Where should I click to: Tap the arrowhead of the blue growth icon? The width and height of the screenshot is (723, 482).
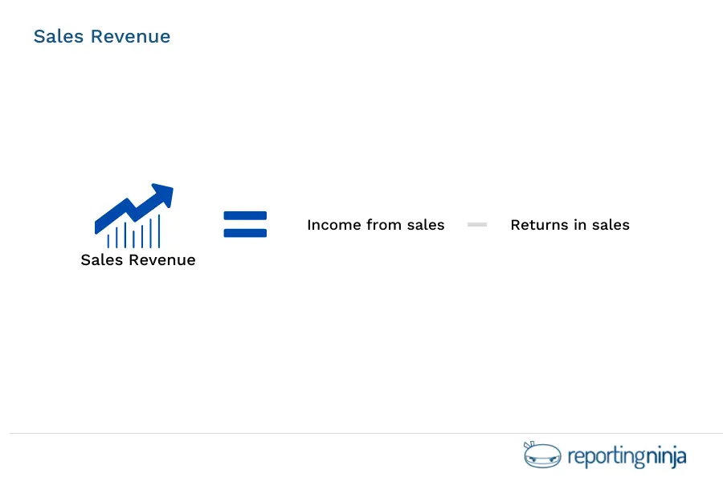click(165, 194)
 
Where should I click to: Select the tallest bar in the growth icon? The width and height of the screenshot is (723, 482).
click(159, 231)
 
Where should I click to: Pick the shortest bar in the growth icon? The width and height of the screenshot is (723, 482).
click(108, 239)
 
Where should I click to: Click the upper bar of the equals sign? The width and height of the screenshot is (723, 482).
click(245, 216)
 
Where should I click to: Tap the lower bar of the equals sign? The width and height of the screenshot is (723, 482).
click(245, 233)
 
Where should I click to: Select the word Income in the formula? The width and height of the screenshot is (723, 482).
click(334, 225)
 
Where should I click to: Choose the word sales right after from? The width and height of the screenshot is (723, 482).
click(426, 225)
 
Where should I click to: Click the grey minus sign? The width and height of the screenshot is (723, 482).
click(477, 225)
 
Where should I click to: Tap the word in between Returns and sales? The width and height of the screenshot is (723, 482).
click(579, 225)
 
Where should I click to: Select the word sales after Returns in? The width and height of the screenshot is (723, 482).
click(611, 225)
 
